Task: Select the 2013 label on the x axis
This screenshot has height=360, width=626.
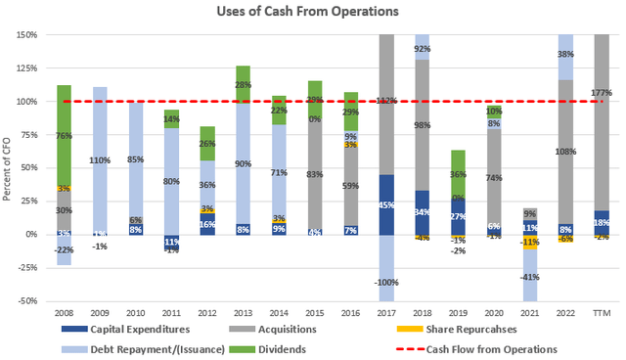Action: (242, 315)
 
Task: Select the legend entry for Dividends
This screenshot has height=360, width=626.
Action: (284, 348)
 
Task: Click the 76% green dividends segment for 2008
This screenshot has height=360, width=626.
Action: (64, 136)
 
